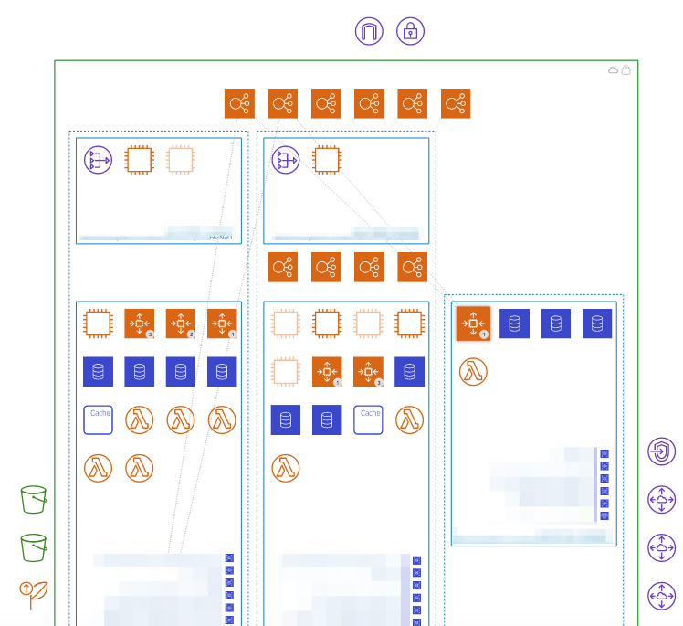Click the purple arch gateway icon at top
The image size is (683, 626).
click(369, 31)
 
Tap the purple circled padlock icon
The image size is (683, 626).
click(411, 31)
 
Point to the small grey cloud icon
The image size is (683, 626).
click(614, 70)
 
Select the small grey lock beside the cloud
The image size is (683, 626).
click(626, 70)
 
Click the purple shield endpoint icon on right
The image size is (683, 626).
click(661, 451)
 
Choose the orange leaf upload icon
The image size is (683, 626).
click(34, 594)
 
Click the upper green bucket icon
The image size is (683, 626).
click(34, 499)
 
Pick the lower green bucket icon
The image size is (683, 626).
click(34, 546)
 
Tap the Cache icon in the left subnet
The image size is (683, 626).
click(98, 419)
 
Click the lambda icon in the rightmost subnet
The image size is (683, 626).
click(473, 371)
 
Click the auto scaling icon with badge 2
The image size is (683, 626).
click(181, 324)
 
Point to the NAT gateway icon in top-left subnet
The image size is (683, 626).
click(98, 161)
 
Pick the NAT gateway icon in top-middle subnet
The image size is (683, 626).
click(286, 161)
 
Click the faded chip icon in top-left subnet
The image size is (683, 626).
click(181, 161)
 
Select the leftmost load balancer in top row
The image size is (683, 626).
click(239, 103)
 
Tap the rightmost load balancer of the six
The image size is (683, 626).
click(456, 103)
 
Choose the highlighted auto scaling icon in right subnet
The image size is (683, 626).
click(473, 324)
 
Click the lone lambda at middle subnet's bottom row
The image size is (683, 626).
click(286, 468)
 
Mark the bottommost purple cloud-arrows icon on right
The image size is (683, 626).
click(661, 596)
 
